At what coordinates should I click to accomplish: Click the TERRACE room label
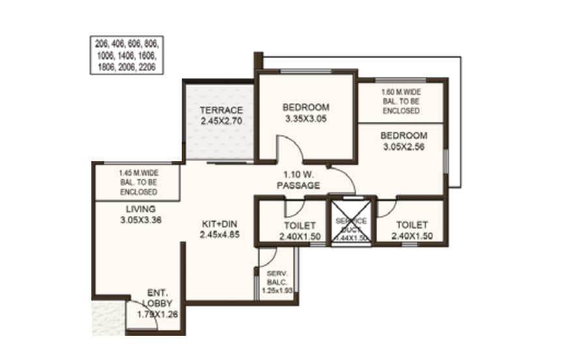(221, 110)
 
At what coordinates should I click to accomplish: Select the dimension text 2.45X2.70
(221, 121)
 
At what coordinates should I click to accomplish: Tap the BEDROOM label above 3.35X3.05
(306, 108)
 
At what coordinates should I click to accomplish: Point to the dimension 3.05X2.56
(403, 147)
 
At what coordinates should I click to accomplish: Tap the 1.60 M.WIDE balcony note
(401, 102)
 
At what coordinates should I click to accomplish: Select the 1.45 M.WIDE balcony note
(137, 183)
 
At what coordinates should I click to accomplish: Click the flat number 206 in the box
(102, 45)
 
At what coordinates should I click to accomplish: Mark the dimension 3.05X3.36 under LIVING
(140, 220)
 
